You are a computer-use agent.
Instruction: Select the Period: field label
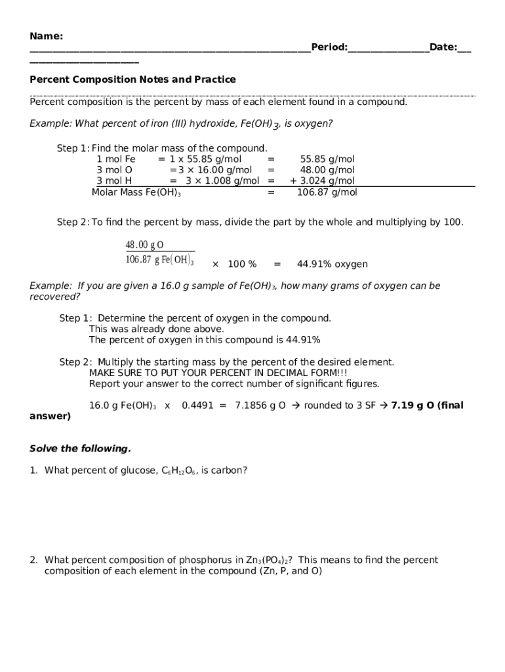tap(329, 47)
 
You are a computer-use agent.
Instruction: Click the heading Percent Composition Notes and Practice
tap(132, 79)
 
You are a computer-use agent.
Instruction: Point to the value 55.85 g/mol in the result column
tap(327, 159)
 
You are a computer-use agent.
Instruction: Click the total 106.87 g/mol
tap(327, 192)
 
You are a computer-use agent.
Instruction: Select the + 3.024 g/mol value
tap(323, 181)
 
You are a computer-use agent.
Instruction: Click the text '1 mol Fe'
tap(116, 159)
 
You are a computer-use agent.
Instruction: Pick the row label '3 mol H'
tap(114, 181)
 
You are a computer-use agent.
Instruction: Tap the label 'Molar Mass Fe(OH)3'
tap(136, 192)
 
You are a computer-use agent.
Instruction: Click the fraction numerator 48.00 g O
tap(145, 245)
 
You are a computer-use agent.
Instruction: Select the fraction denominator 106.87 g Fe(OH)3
tap(159, 260)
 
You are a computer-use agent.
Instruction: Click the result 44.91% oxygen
tap(333, 264)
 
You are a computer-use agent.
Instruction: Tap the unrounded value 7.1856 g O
tap(260, 406)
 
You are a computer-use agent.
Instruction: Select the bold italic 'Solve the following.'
tap(80, 449)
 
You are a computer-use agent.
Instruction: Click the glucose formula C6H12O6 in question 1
tap(178, 471)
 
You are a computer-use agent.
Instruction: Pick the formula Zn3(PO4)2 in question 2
tap(269, 560)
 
